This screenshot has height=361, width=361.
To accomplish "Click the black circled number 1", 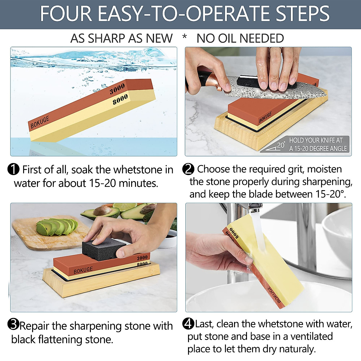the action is [14, 169].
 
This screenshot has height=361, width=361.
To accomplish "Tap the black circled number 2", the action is [188, 169].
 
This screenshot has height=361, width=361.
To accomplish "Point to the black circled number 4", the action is [188, 324].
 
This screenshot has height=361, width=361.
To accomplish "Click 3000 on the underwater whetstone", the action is [117, 89].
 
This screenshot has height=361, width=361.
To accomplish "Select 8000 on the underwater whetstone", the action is [120, 99].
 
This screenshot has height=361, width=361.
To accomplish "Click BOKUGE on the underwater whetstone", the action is [40, 122].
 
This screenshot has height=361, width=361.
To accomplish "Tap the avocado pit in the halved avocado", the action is [102, 210].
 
